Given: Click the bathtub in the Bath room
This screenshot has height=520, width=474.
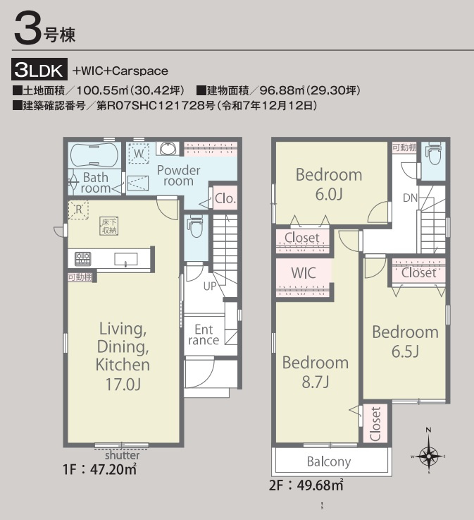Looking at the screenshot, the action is pos(94,155).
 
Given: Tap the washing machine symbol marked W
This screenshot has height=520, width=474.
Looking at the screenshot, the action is pos(139,153).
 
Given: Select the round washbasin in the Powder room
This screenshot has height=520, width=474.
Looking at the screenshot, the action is pos(168,148).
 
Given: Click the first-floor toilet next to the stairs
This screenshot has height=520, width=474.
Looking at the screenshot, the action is pos(196,226).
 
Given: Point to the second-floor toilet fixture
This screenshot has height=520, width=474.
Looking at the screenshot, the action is pos(434,153).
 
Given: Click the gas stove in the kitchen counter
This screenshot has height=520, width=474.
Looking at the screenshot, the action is pos(82,259).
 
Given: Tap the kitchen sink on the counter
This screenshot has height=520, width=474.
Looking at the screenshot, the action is pos(126,260).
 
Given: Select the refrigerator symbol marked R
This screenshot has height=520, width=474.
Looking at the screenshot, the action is pos(78,210).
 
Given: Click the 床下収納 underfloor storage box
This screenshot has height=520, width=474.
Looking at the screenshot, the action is pos(109,226).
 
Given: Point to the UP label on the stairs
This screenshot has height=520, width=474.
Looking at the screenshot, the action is pos(210,286).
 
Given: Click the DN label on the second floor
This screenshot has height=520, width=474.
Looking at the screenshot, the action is pos(411,198).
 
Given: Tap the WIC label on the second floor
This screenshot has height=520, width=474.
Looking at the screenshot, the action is pos(303,273).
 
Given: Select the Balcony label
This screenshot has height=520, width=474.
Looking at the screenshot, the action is pos(329,461).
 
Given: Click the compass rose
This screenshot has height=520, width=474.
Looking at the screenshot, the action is pos(429,456).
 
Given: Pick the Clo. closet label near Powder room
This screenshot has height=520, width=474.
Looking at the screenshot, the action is pos(225,199).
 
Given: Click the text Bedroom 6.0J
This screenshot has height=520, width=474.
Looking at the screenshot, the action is pos(329,184).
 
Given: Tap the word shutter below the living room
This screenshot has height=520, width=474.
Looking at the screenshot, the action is pos(122,455).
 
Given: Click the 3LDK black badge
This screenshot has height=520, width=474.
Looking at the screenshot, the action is pos(39,69).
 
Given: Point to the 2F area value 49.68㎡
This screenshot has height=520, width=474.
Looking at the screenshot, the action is pos(320,485).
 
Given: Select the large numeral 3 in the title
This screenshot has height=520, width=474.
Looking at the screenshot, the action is pos(27,28).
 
